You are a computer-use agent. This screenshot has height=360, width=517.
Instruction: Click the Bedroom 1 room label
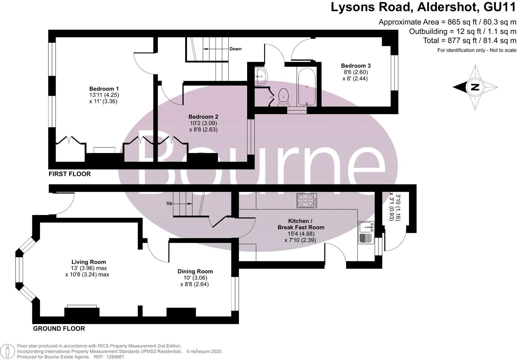pos(104,89)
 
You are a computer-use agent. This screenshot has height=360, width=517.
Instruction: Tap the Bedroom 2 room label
pos(203,117)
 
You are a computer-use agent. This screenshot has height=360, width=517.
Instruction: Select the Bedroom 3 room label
pos(355,66)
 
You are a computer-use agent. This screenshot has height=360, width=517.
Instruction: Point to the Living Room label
pos(89,262)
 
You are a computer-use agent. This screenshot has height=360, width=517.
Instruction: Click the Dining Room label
pos(195,272)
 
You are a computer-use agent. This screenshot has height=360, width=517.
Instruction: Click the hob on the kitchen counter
pos(307,200)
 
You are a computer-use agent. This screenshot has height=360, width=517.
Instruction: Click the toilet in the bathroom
pos(283,96)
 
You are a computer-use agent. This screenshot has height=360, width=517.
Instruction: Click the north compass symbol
pos(475,88)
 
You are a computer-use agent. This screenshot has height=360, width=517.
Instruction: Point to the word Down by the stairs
pos(236,49)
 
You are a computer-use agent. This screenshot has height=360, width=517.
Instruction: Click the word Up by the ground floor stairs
pos(170,203)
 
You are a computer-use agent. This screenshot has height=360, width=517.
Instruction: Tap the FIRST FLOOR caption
pos(70,174)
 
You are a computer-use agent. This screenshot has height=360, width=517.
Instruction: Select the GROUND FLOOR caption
pos(59,329)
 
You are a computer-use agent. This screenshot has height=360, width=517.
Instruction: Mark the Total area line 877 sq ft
pos(470,41)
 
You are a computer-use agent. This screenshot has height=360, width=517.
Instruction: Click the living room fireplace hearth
pos(82,306)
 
